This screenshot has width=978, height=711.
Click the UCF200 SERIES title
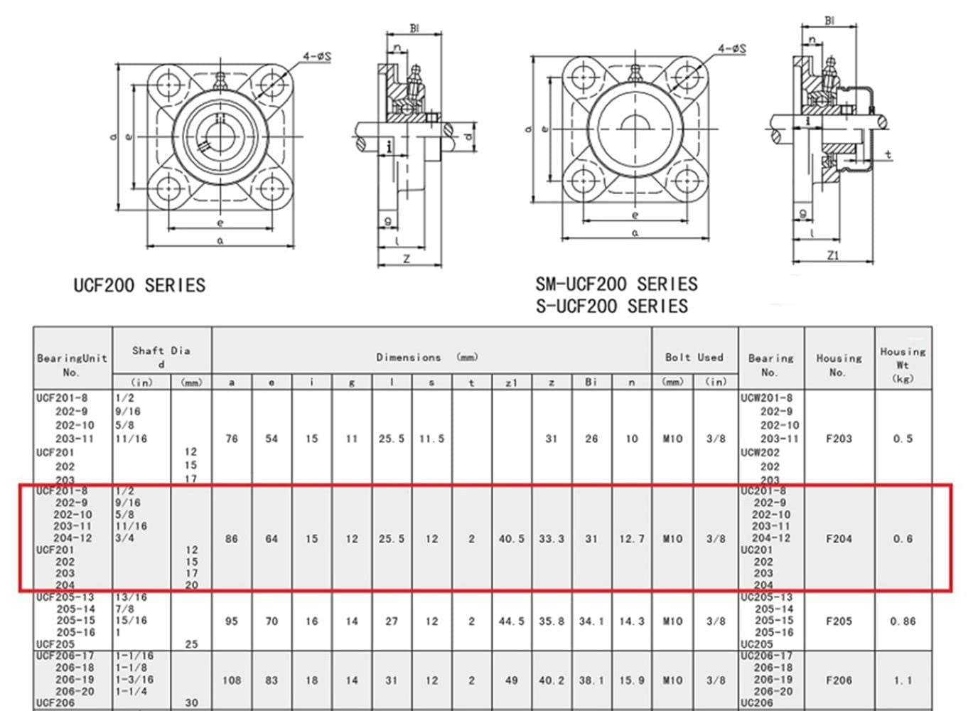tap(139, 286)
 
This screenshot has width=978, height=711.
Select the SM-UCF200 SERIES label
tap(616, 284)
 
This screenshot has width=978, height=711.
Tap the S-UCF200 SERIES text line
tap(611, 306)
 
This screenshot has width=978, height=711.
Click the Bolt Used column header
tap(694, 358)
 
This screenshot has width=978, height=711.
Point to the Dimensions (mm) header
tap(426, 358)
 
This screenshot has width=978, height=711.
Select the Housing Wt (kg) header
tap(903, 365)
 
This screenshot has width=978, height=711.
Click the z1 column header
tap(511, 383)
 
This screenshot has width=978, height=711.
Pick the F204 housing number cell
tap(839, 539)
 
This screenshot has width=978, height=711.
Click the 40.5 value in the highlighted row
tap(511, 539)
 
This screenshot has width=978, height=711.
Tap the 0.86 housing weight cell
tap(903, 621)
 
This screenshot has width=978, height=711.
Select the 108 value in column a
tap(232, 680)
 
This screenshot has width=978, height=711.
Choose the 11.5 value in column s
tap(431, 439)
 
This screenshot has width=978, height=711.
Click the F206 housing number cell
tap(839, 680)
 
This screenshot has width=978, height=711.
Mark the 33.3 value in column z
tap(551, 539)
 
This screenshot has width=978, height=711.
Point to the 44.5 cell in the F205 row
tap(511, 621)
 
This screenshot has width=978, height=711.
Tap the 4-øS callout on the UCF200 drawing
tap(316, 56)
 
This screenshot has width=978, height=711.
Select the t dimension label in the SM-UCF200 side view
tap(888, 154)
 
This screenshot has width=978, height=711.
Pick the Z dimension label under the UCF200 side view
tap(407, 259)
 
